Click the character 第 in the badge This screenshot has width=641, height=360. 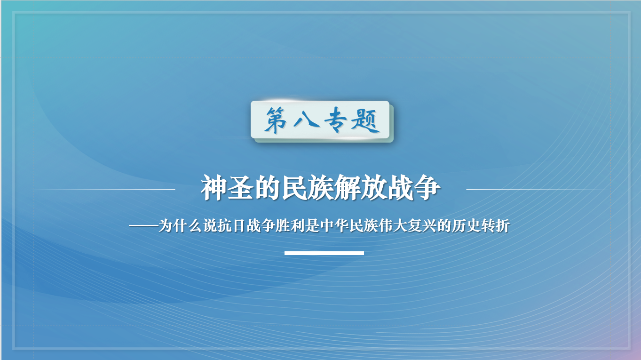pos(276,120)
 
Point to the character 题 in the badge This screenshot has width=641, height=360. pos(365,121)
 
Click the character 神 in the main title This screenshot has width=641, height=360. pos(214,188)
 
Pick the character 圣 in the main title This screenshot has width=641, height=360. pos(241,188)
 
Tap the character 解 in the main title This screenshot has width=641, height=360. pos(348,188)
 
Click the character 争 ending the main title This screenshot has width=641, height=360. pos(427,188)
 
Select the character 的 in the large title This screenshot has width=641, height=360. pos(267,188)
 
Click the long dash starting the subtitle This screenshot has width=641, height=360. pos(143,226)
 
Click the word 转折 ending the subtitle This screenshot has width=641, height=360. pos(495,226)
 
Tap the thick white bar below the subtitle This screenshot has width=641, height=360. pos(324,253)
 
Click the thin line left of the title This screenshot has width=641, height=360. pos(106,189)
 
